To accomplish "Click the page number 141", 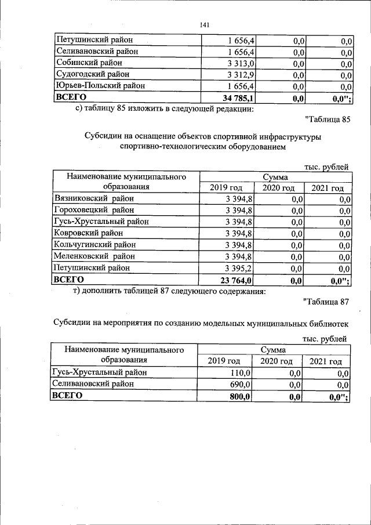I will pyautogui.click(x=203, y=24).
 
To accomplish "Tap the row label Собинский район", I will pyautogui.click(x=89, y=63).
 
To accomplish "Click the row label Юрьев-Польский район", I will pyautogui.click(x=99, y=86).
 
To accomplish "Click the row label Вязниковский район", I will pyautogui.click(x=94, y=198).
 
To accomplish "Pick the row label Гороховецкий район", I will pyautogui.click(x=96, y=210).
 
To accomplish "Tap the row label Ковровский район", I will pyautogui.click(x=88, y=233).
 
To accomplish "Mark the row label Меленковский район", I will pyautogui.click(x=94, y=256).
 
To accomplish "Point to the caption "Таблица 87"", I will pyautogui.click(x=326, y=302).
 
